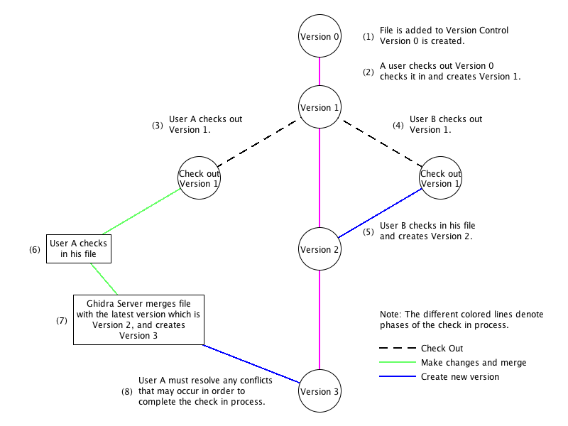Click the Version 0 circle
[319, 36]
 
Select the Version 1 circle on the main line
[319, 107]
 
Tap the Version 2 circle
[319, 249]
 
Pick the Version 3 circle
[319, 391]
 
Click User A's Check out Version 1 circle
[199, 178]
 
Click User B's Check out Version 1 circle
[440, 178]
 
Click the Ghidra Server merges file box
[138, 319]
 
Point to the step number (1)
[368, 36]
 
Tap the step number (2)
[368, 72]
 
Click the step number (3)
[157, 125]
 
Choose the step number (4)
[398, 125]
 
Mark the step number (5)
[368, 231]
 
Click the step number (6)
[34, 249]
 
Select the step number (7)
[62, 320]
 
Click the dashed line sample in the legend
[397, 348]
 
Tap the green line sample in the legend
[397, 362]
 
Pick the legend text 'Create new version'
[459, 376]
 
